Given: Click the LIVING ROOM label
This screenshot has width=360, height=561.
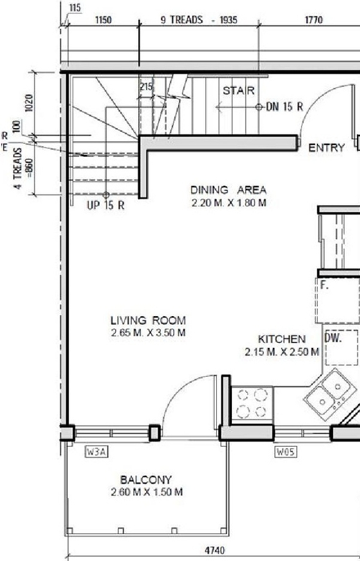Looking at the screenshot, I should coord(147,320).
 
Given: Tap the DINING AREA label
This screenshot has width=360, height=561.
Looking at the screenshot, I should coord(228,190).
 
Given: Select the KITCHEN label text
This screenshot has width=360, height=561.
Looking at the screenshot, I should coord(282,339).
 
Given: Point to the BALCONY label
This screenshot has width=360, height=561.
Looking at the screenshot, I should coord(146,480).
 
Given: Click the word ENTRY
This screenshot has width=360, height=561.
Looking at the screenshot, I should coord(326,148).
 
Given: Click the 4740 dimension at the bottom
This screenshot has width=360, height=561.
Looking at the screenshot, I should coord(215,550).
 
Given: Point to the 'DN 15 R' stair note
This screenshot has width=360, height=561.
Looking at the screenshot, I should coord(284,107).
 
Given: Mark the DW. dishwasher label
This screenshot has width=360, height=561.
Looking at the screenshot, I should coord(332,338).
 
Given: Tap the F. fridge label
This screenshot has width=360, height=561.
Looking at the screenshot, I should coord(324,285).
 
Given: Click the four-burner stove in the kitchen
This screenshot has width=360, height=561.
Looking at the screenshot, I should coord(252,404).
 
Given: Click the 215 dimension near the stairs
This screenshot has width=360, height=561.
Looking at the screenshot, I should coord(146,87).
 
